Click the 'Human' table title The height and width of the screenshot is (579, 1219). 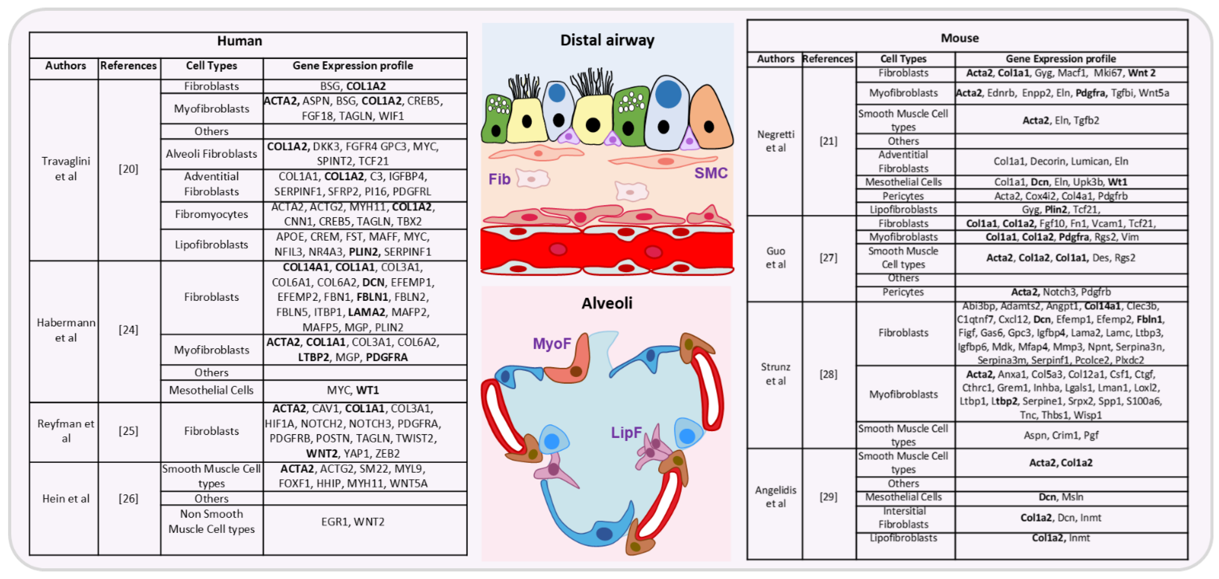click(x=240, y=41)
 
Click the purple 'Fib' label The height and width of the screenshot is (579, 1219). click(x=499, y=179)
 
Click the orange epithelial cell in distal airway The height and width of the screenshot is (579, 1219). click(x=710, y=121)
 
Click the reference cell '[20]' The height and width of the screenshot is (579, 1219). click(x=128, y=169)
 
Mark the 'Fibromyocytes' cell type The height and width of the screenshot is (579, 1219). click(x=211, y=214)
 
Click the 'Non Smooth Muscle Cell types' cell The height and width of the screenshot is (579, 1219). click(x=211, y=521)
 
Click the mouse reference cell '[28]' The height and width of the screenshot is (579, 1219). click(x=828, y=374)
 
